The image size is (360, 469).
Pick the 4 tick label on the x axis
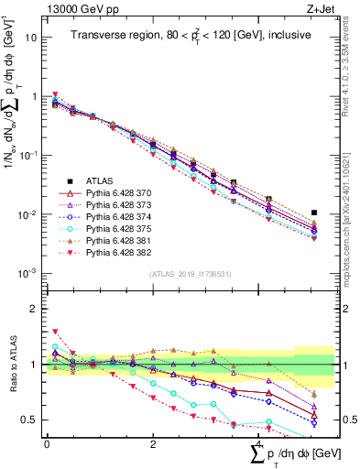coord(259,443)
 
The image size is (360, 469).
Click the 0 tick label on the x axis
coord(46,443)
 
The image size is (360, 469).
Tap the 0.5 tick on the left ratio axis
coord(29,420)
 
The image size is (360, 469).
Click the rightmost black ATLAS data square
coord(314,213)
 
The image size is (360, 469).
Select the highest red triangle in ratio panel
coord(56,331)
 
